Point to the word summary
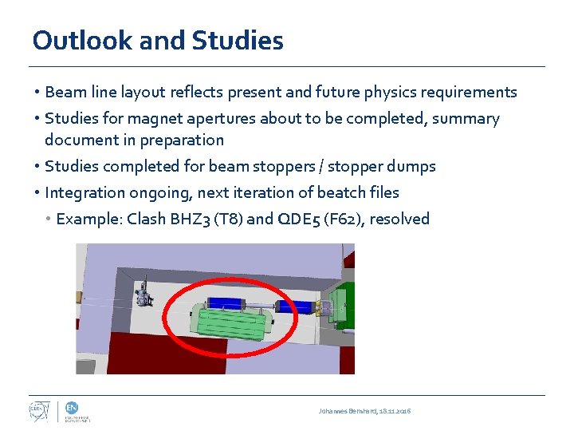[x=470, y=119]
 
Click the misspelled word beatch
[x=341, y=192]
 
